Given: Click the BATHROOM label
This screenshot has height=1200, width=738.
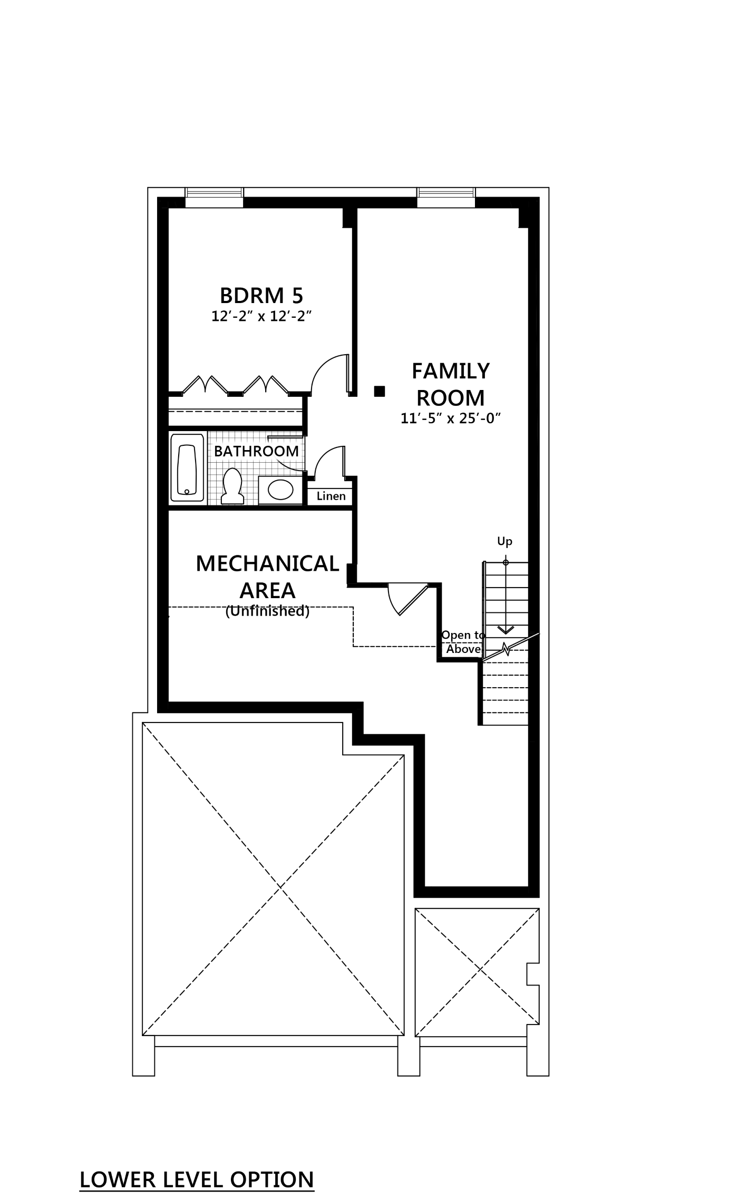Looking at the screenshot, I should [256, 451].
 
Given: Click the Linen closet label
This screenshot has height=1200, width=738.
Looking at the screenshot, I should [331, 496].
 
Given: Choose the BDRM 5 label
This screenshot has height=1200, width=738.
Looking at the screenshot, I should [261, 296].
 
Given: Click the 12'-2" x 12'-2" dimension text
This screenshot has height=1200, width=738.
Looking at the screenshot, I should [262, 316].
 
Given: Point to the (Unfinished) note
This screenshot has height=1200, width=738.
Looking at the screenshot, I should [267, 612].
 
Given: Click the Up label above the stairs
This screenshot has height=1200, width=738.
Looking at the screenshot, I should [505, 542].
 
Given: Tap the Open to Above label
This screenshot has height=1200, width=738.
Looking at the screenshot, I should [463, 642].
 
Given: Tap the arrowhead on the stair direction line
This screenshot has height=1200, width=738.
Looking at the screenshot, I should [505, 630].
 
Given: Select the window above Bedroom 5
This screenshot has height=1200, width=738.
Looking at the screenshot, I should [215, 194].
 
